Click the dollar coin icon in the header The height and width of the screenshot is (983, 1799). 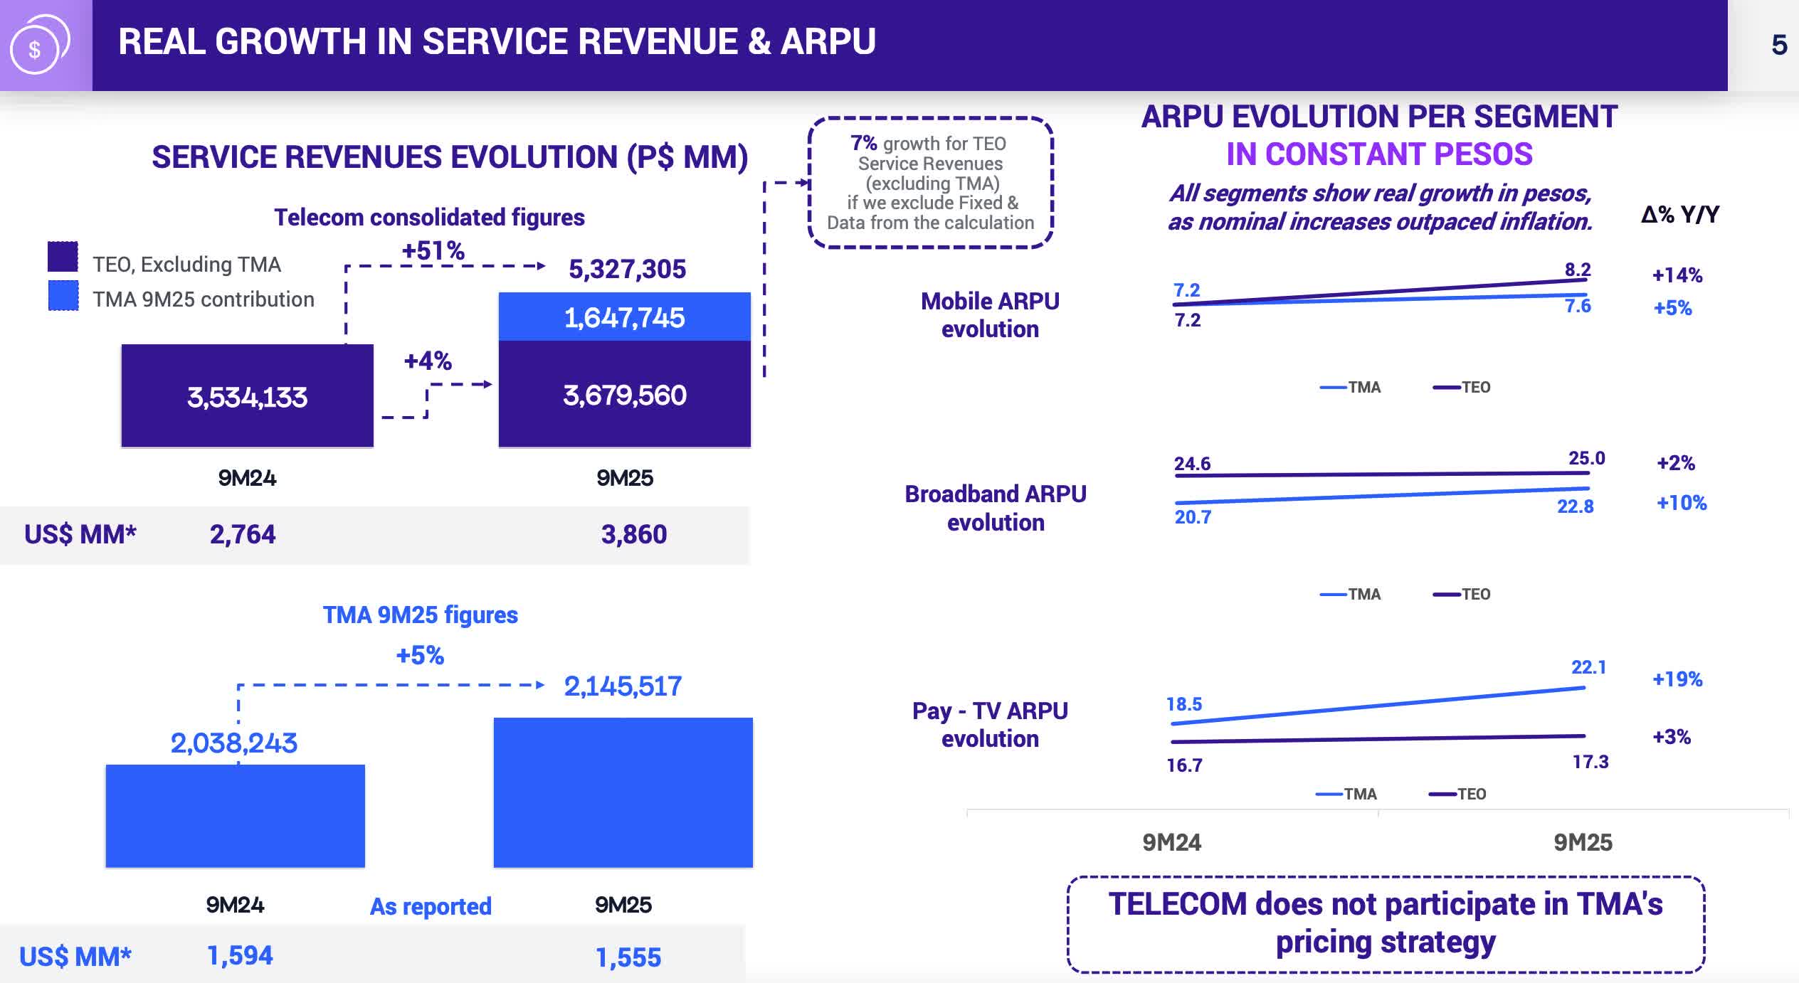click(37, 46)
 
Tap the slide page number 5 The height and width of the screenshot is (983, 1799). click(1778, 46)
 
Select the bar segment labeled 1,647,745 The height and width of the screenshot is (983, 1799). click(624, 317)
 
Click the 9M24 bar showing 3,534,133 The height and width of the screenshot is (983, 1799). click(247, 396)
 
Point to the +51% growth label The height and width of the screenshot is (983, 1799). click(433, 250)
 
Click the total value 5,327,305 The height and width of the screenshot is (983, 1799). click(627, 269)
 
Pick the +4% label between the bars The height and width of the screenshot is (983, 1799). click(428, 361)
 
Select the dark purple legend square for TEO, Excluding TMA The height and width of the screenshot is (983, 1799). click(63, 257)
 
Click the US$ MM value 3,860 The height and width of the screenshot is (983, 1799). click(633, 534)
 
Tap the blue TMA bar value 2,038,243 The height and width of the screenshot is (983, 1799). click(233, 743)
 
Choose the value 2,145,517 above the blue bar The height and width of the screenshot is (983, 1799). click(623, 686)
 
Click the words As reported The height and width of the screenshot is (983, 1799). click(431, 906)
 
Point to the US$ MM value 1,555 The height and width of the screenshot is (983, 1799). click(628, 957)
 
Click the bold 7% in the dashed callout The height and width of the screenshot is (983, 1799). click(864, 143)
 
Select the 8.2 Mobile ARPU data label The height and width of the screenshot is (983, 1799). click(1577, 270)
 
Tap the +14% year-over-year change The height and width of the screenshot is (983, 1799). click(1677, 275)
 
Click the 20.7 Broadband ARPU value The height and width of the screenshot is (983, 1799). click(1192, 517)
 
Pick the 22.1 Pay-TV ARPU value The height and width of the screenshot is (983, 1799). click(1588, 667)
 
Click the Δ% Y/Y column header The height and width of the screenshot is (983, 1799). click(1679, 214)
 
